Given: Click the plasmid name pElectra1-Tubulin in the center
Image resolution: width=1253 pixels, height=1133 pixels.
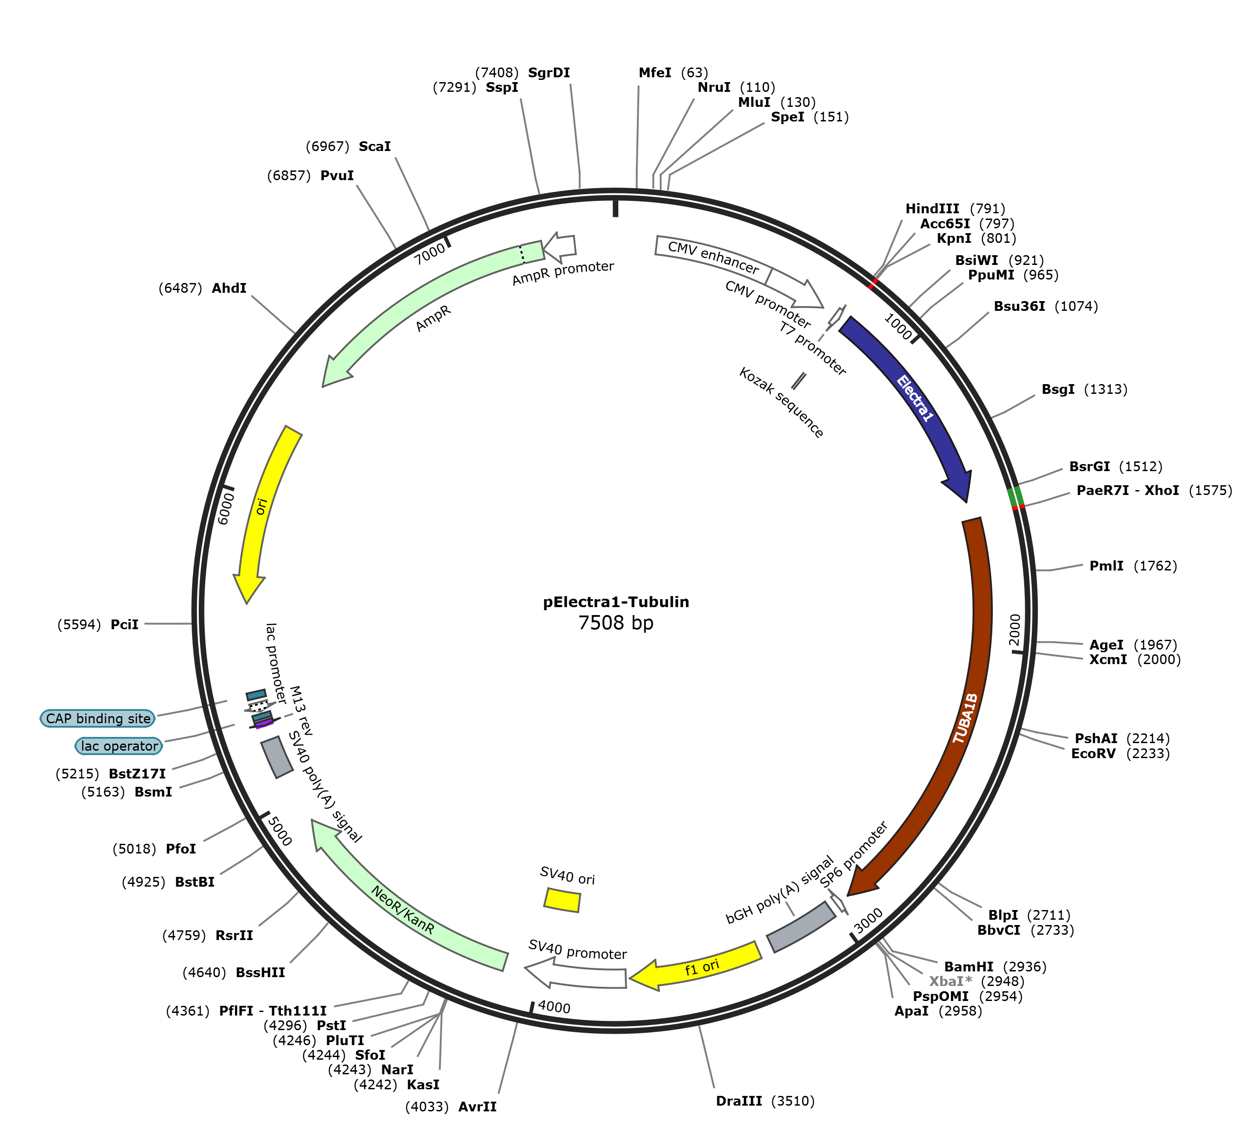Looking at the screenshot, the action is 616,602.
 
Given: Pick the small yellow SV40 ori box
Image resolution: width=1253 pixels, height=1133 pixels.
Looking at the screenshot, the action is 562,899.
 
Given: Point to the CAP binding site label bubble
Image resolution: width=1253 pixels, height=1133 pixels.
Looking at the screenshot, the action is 98,718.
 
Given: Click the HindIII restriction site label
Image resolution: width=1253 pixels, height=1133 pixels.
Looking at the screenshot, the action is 931,209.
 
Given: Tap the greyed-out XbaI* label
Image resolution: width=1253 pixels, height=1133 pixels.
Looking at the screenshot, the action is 950,982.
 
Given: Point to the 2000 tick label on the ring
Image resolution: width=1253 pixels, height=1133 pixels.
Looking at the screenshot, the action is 1015,630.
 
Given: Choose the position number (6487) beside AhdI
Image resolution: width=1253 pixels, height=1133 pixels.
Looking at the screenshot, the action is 180,288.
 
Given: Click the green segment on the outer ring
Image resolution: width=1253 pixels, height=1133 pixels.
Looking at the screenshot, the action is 1015,497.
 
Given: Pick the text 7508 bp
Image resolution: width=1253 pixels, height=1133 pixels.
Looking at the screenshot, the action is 616,623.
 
